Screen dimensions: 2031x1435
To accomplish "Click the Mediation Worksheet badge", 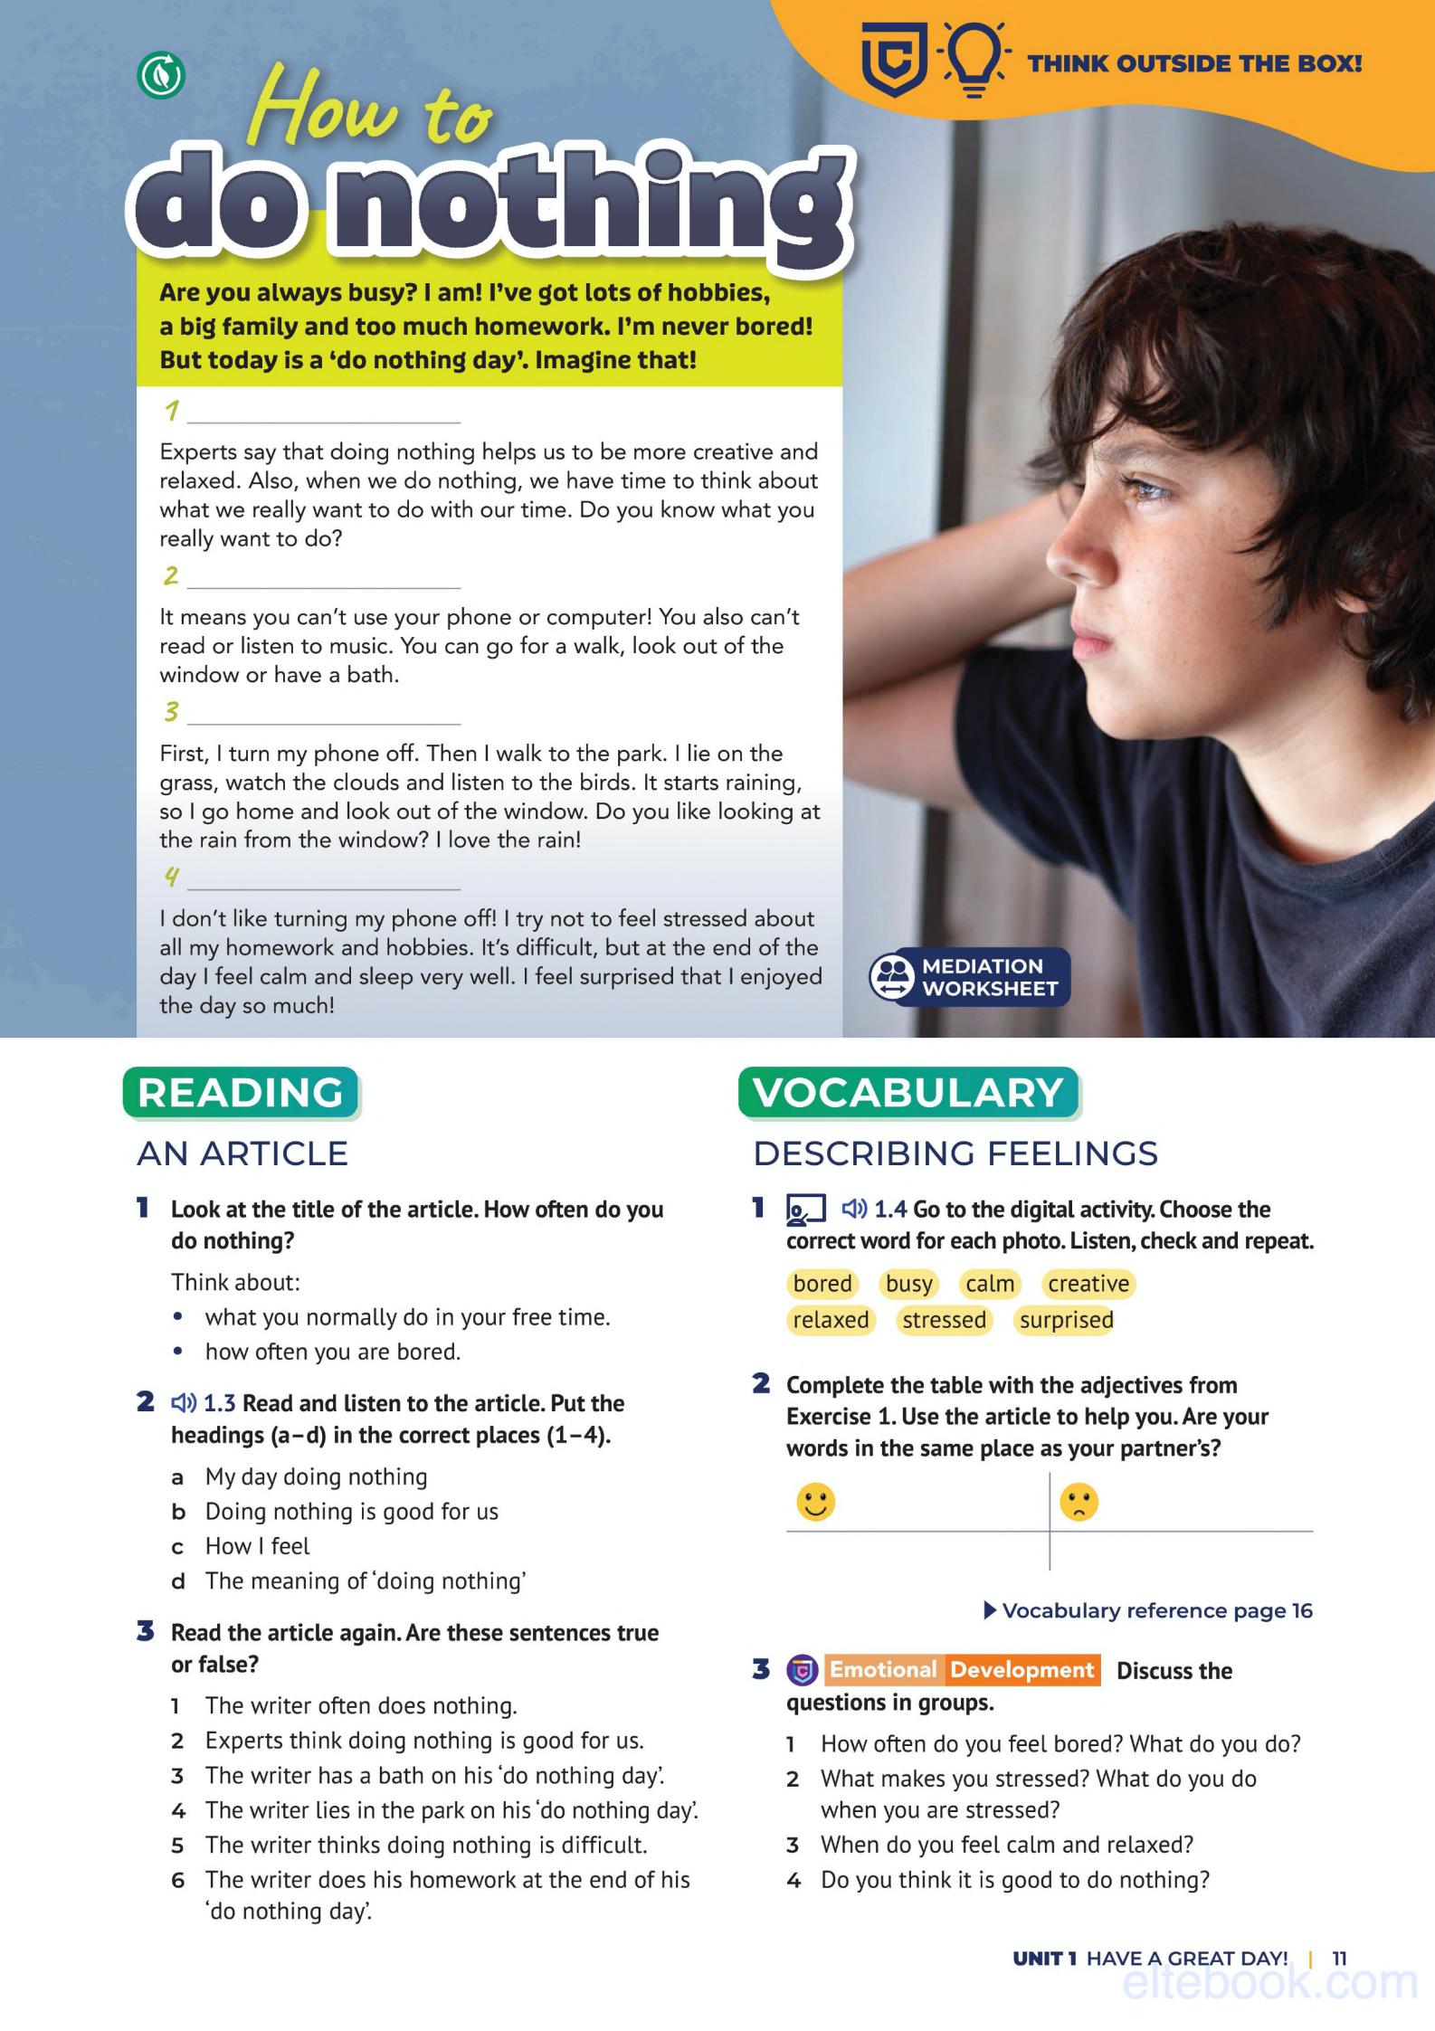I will click(969, 977).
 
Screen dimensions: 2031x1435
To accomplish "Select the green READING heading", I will click(241, 1093).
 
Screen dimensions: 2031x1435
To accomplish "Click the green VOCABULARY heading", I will click(908, 1093).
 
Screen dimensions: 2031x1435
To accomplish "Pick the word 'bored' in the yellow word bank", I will click(822, 1284).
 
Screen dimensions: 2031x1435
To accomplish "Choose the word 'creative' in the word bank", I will click(1088, 1284).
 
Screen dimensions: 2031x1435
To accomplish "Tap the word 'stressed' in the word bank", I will click(944, 1320).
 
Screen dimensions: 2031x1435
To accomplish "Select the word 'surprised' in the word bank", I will click(1066, 1320).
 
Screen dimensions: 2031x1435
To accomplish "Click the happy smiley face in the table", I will click(815, 1503).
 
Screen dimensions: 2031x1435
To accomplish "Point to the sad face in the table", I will click(1079, 1503).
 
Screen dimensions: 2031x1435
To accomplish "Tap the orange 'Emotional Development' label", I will click(962, 1670).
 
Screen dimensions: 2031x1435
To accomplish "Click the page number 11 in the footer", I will click(1340, 1959).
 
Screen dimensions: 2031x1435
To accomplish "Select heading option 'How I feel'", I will click(257, 1546).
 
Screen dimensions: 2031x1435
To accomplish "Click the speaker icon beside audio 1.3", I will click(184, 1403).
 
